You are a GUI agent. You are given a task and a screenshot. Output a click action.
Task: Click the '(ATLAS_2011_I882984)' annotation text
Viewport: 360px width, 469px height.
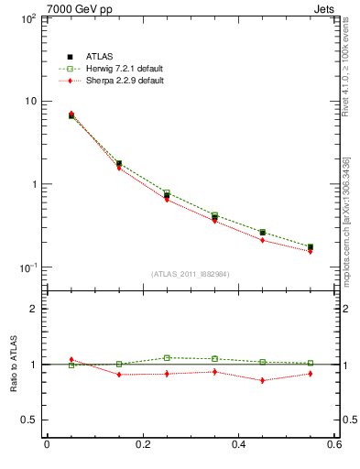[190, 273]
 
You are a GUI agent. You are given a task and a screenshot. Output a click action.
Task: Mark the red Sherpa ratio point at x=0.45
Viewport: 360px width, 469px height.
[263, 380]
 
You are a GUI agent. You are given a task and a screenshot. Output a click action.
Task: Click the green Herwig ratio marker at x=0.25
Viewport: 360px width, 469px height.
[167, 358]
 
